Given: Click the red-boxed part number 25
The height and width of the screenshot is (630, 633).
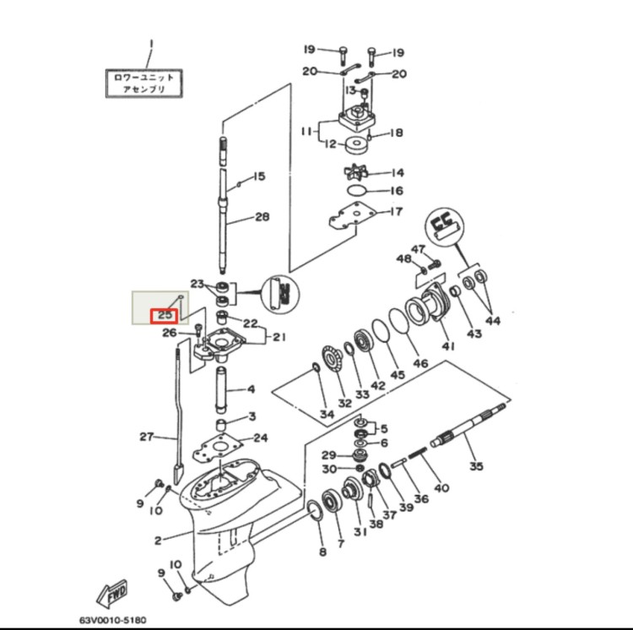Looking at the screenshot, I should tap(164, 316).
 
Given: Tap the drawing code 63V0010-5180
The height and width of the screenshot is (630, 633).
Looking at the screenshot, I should tap(95, 618).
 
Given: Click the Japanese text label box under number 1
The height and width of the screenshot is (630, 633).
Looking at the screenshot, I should tap(144, 82).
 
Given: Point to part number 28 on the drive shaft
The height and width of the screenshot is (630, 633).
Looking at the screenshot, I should tap(262, 217).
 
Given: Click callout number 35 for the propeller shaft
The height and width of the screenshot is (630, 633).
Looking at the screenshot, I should tap(476, 465).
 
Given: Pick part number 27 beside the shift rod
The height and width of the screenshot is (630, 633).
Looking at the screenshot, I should tap(147, 437).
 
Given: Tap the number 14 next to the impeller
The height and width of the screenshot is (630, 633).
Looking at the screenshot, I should tap(398, 171).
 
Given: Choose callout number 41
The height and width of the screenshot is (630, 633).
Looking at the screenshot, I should tap(447, 346).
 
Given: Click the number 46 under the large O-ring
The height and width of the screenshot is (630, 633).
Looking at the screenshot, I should tap(419, 363).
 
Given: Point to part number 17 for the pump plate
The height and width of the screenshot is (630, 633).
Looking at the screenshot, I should tap(396, 212).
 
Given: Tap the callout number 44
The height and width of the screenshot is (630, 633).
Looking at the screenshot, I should tap(492, 320).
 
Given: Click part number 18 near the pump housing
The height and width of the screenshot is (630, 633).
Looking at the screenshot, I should tap(397, 133).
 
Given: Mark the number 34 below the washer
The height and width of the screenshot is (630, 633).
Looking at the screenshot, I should tap(327, 414).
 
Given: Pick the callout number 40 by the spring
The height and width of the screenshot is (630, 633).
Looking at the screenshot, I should tap(442, 487).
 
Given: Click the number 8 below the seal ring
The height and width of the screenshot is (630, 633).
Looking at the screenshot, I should tap(322, 552).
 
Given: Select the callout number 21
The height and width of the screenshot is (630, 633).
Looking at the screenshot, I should tap(279, 338).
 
